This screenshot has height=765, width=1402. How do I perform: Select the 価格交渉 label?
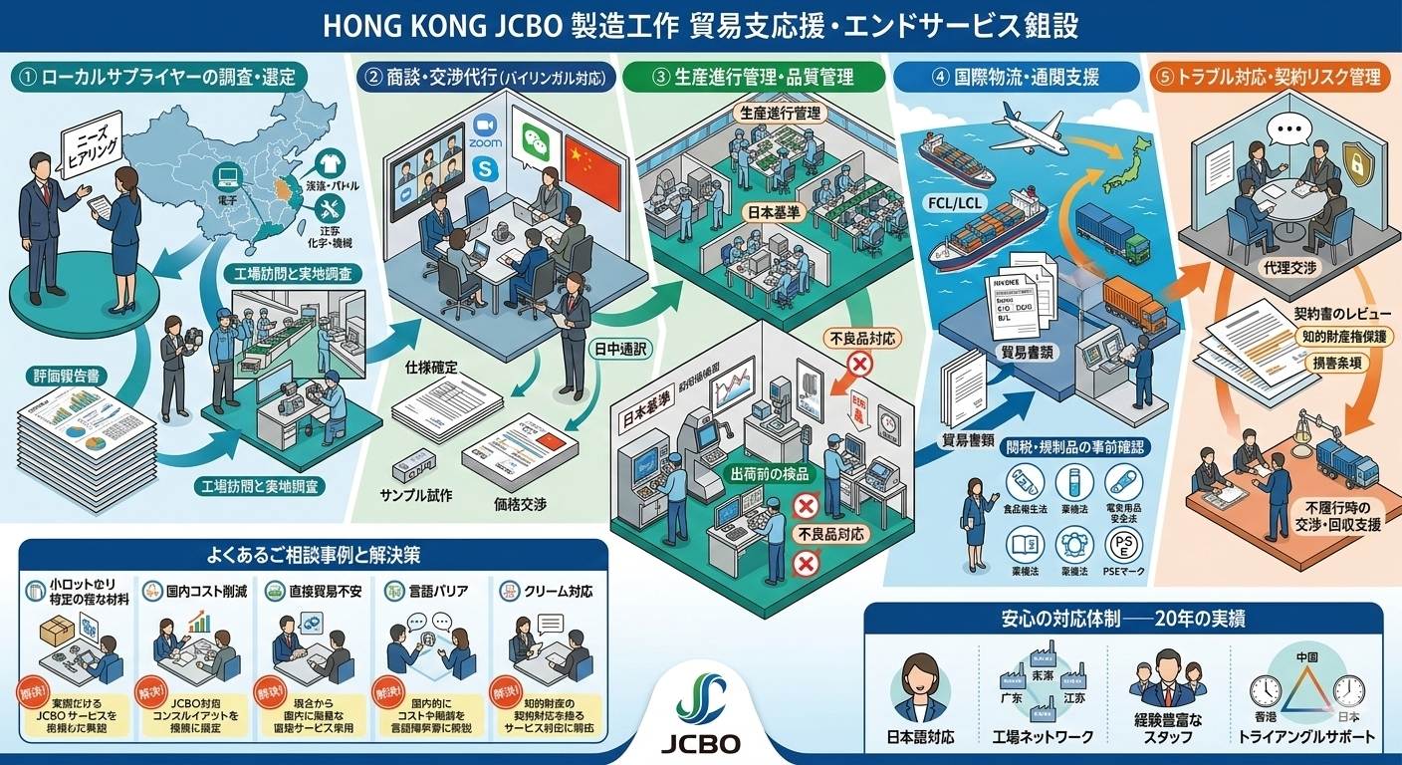[520, 504]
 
